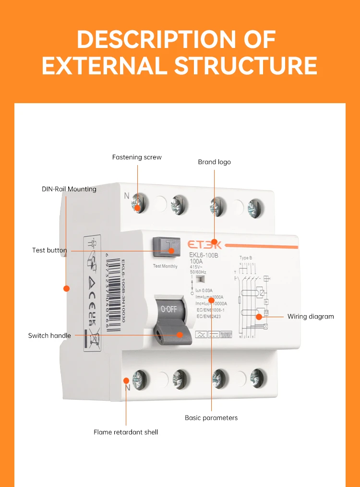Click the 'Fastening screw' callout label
click(x=137, y=157)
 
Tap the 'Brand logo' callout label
click(x=214, y=162)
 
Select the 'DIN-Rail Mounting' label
click(x=69, y=189)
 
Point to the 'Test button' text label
click(x=49, y=250)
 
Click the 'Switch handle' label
click(x=49, y=336)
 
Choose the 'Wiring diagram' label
click(x=311, y=317)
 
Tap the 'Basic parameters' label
click(x=211, y=418)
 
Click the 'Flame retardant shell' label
click(x=126, y=432)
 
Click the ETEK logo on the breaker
click(x=200, y=245)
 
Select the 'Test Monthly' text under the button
click(x=165, y=266)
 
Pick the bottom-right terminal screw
click(x=257, y=378)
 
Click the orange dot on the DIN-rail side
click(x=67, y=288)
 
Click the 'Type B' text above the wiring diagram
click(x=246, y=258)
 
